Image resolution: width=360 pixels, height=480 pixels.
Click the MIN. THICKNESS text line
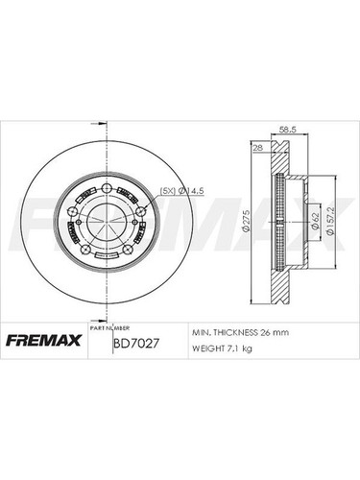click(x=234, y=331)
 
